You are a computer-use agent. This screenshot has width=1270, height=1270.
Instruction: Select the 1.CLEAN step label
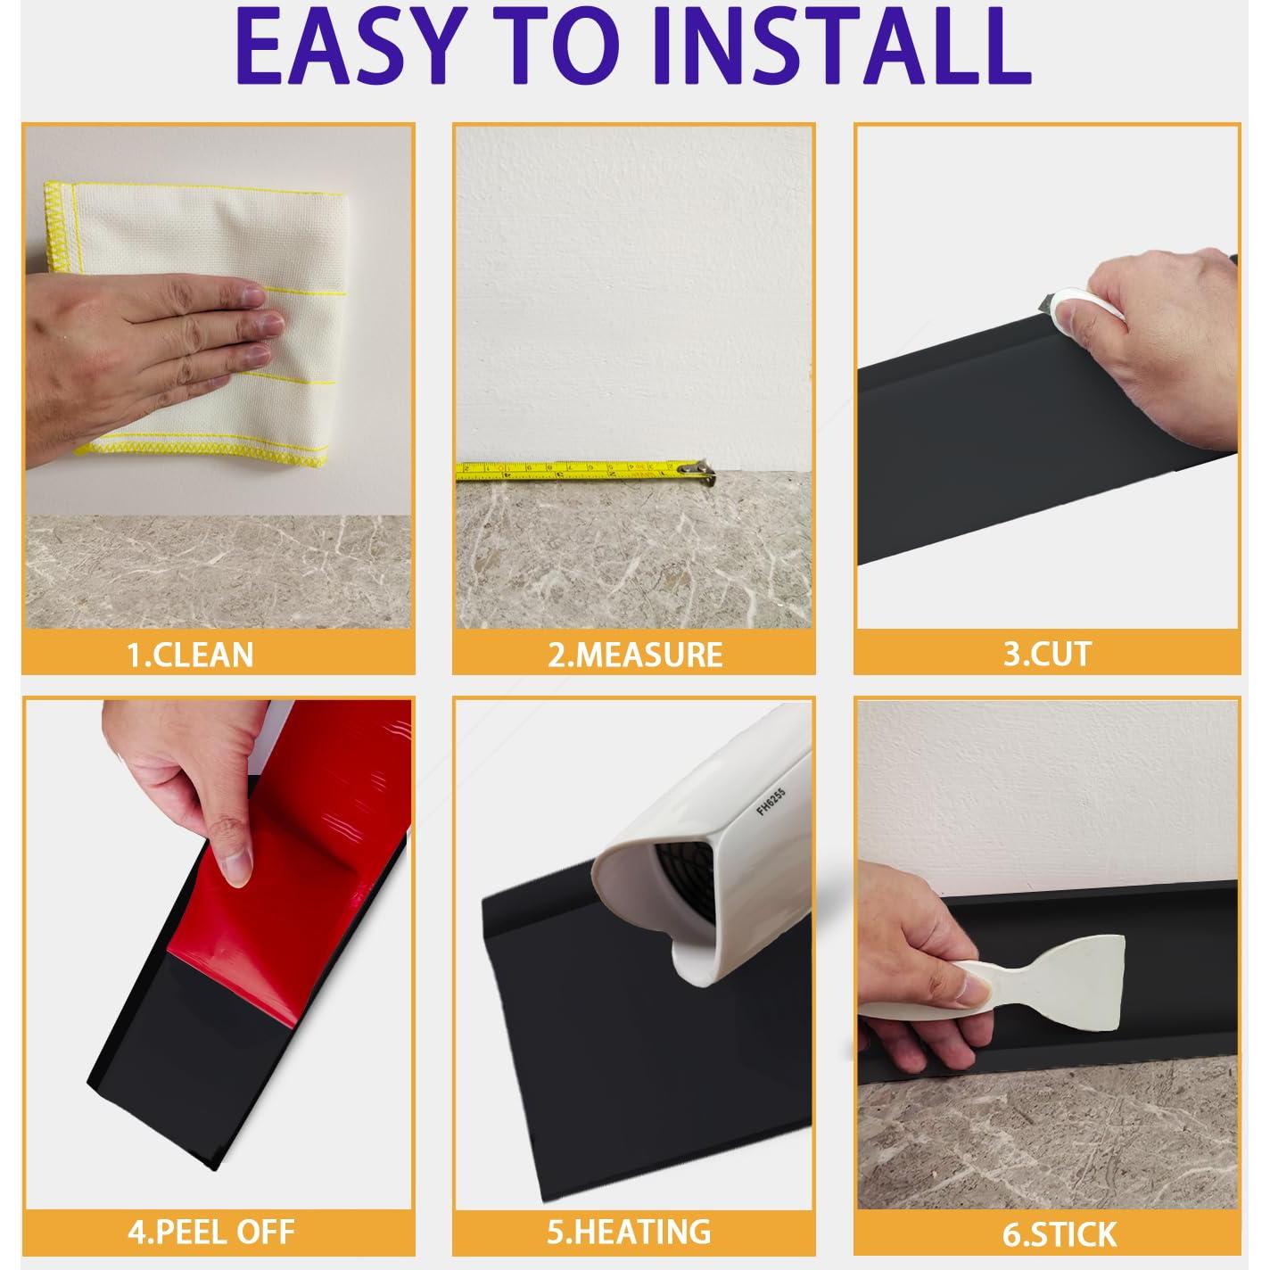click(x=190, y=655)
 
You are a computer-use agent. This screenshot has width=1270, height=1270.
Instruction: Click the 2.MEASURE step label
click(x=635, y=655)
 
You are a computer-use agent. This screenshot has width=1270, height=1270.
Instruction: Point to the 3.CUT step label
click(x=1047, y=653)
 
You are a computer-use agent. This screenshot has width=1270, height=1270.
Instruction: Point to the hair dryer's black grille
click(x=686, y=884)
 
